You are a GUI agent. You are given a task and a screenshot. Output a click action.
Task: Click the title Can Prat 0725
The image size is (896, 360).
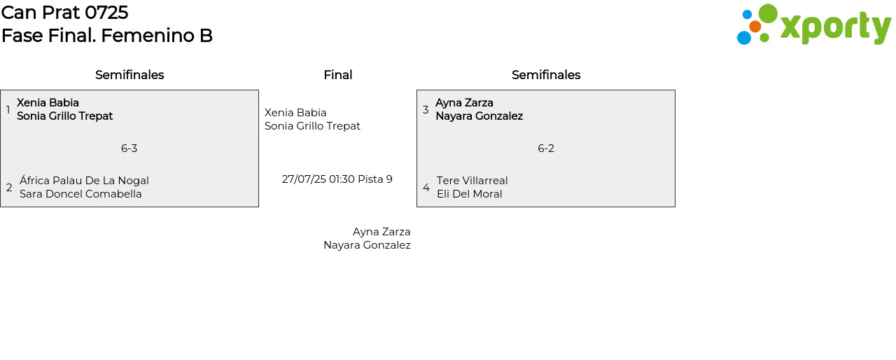click(64, 13)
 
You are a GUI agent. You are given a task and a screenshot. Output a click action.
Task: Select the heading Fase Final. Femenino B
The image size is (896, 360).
click(106, 36)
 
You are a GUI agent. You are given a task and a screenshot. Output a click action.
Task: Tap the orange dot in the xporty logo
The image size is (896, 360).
click(755, 27)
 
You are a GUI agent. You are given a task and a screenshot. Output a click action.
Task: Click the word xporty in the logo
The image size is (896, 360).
click(835, 28)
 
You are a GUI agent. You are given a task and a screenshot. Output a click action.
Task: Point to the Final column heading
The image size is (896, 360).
click(337, 75)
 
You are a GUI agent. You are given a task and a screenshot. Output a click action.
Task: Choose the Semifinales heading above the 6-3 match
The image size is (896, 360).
click(129, 75)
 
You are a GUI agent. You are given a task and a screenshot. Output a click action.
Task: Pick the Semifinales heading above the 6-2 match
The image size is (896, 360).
click(546, 75)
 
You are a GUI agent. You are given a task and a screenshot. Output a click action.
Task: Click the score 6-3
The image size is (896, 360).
click(129, 148)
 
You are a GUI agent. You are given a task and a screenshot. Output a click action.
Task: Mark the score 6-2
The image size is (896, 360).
click(546, 148)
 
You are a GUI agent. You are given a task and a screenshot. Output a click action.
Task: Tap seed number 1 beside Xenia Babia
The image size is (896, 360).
click(8, 110)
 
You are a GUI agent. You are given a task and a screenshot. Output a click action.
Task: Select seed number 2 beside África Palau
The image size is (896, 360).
click(9, 188)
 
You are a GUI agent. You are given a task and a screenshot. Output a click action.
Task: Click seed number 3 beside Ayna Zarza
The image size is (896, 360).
click(426, 110)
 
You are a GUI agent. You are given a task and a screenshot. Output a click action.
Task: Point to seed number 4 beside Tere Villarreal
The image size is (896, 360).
click(426, 188)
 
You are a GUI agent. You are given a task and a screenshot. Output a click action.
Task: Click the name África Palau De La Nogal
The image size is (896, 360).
click(84, 181)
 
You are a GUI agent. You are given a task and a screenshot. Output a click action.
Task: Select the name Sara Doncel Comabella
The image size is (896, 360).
click(80, 194)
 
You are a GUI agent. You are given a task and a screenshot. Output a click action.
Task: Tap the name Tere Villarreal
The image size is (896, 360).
click(472, 181)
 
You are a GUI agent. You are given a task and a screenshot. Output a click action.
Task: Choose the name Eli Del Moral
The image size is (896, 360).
click(470, 194)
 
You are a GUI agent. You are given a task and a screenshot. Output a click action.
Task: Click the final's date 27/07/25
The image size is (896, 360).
click(304, 179)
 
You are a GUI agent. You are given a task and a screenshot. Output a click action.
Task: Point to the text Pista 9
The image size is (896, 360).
click(375, 179)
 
